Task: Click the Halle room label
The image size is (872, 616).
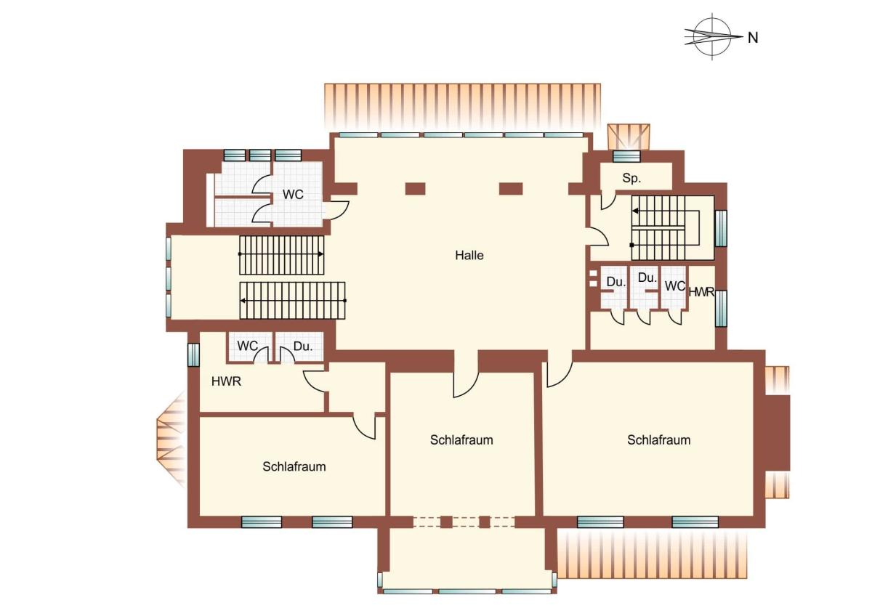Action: tap(469, 255)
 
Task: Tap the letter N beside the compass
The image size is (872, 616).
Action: tap(753, 38)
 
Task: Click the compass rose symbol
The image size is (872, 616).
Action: tap(712, 36)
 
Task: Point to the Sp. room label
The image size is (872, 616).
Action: tap(631, 178)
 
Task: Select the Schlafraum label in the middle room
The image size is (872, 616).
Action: tap(461, 440)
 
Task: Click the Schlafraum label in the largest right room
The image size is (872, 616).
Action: tap(658, 440)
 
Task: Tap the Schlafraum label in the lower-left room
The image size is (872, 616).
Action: tap(294, 466)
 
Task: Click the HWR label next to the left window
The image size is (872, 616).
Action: tap(226, 381)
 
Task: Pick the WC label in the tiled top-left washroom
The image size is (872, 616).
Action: tap(293, 195)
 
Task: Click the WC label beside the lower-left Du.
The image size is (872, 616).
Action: tap(247, 346)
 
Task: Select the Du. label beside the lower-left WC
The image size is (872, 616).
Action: tap(303, 346)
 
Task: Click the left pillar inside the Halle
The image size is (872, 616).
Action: tap(415, 189)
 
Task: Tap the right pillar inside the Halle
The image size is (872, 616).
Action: tap(511, 189)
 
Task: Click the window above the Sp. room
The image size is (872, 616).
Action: tap(626, 156)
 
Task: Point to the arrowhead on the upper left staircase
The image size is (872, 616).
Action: tap(320, 254)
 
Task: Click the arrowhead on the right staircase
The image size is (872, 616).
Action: tap(635, 211)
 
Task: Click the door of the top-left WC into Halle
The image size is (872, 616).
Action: tap(337, 209)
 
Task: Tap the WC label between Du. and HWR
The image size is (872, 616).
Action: tap(674, 286)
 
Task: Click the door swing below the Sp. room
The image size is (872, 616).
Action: tap(608, 200)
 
